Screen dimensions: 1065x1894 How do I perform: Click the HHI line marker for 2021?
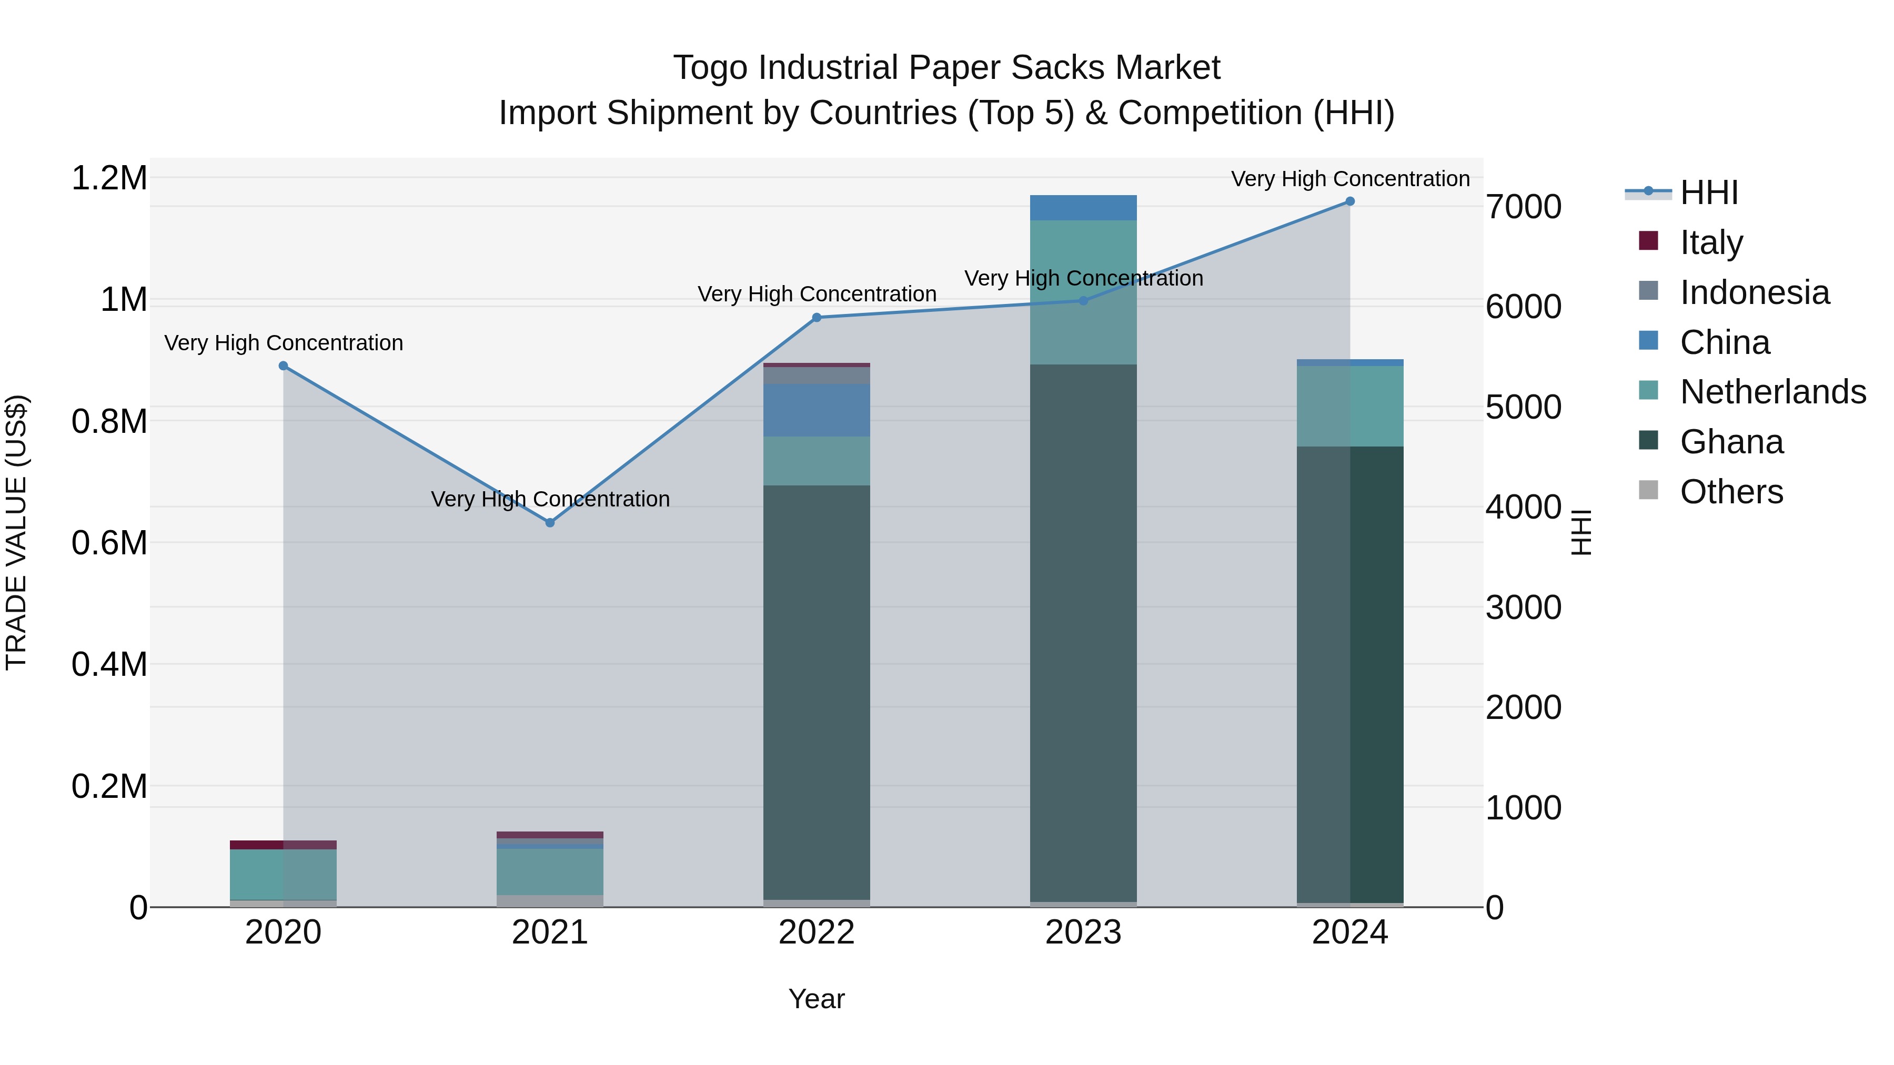550,523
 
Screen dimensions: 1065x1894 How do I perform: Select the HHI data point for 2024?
1350,201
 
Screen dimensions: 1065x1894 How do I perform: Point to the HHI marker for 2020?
284,366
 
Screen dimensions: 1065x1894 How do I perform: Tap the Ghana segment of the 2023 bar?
1083,632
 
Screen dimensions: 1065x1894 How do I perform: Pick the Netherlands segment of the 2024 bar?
1350,405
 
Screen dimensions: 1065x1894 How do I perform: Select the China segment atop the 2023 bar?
1083,208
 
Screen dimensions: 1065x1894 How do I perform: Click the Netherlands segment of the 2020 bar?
284,874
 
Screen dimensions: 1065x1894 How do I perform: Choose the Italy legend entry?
1711,242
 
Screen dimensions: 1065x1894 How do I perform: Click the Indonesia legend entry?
1754,292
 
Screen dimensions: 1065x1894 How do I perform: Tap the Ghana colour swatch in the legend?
1648,441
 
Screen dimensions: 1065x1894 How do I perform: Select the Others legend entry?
1731,491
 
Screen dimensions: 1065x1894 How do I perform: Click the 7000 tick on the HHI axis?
1524,207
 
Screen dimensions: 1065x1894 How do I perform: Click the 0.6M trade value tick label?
109,543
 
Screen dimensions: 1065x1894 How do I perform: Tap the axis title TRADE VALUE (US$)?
16,532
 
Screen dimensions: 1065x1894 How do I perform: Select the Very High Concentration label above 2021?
550,499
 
